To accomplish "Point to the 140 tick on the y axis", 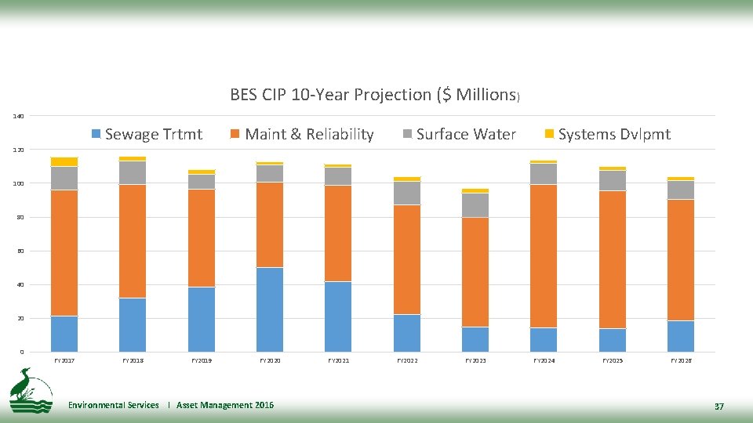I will coord(18,116).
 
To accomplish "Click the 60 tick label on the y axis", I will coord(20,251).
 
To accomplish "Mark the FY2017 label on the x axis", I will coord(64,360).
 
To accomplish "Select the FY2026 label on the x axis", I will coord(681,360).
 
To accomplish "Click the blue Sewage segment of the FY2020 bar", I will coord(270,309).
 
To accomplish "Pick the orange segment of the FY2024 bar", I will coord(544,255).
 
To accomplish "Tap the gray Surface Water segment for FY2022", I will coord(407,193).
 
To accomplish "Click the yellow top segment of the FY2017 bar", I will coord(64,161).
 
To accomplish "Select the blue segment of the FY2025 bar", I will coord(613,340).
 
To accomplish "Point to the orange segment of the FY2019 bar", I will coord(201,238).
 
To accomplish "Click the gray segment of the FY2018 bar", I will coord(133,172).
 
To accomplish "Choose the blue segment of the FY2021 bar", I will coord(338,316).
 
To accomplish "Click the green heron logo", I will coord(30,389).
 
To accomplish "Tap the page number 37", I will coord(718,406).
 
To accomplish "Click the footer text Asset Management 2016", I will coord(225,405).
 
